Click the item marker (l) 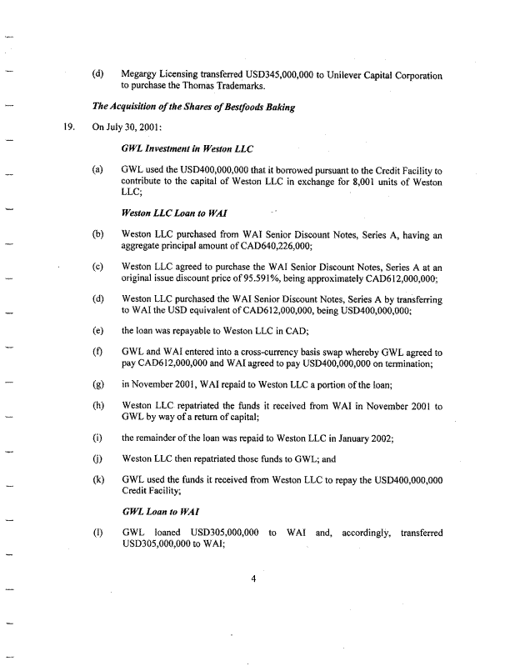coord(98,531)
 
